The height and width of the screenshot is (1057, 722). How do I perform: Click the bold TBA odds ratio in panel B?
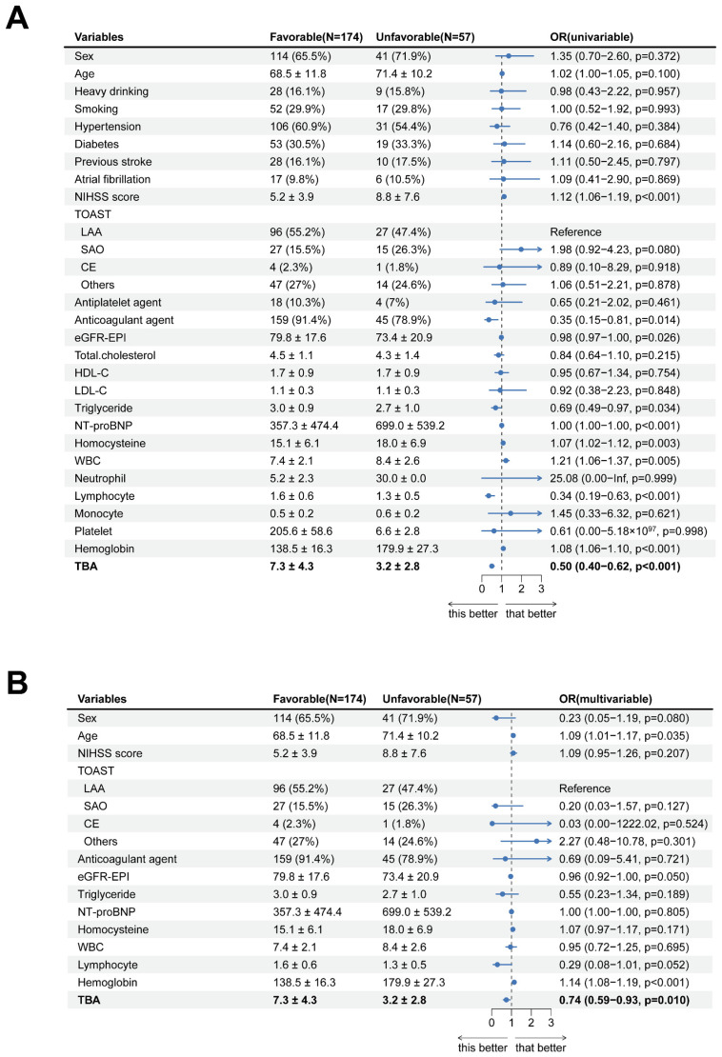(623, 1000)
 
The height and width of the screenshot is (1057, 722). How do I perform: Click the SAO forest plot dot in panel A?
(521, 249)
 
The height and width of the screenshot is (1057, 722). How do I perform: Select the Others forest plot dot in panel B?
(537, 841)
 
